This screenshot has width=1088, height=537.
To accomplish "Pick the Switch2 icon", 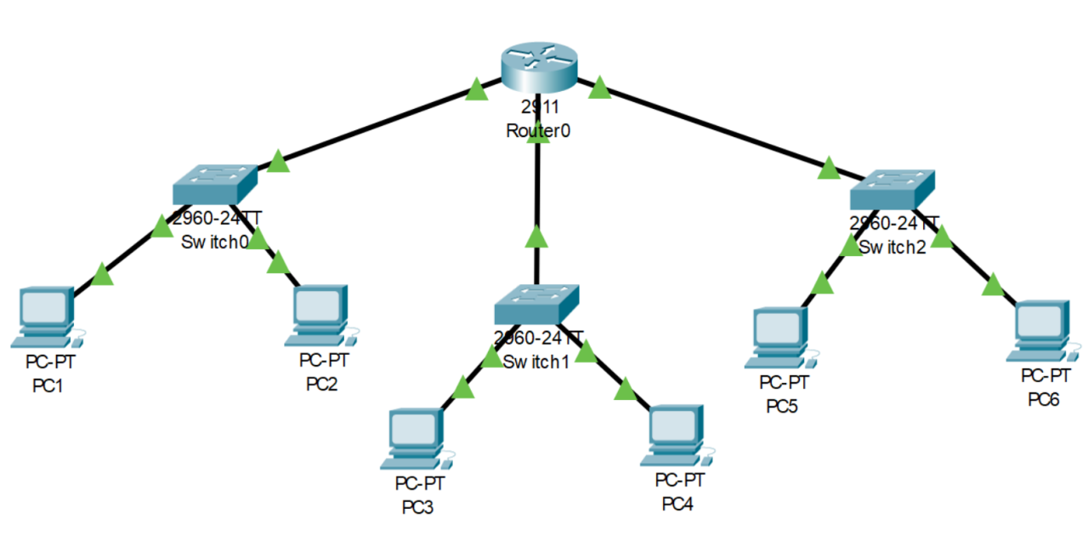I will pyautogui.click(x=892, y=191).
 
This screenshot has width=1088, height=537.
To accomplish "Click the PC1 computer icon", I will pyautogui.click(x=44, y=317).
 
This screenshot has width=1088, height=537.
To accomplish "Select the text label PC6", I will pyautogui.click(x=1043, y=399).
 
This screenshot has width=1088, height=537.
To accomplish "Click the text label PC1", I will pyautogui.click(x=48, y=386).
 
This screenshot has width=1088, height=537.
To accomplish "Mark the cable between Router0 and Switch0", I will pyautogui.click(x=374, y=124).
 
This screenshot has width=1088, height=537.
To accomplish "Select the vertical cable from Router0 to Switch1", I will pyautogui.click(x=536, y=196).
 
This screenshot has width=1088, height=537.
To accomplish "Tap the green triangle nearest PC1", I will pyautogui.click(x=102, y=274).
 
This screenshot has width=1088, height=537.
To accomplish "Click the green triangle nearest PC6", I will pyautogui.click(x=992, y=284).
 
